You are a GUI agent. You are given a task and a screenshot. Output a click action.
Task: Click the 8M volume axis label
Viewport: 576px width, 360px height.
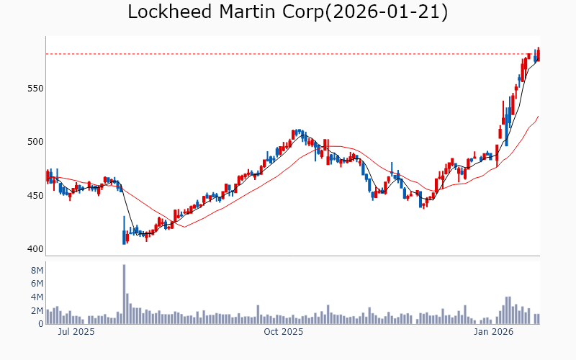click(36, 270)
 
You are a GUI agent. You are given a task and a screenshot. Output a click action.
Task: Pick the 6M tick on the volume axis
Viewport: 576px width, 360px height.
click(36, 284)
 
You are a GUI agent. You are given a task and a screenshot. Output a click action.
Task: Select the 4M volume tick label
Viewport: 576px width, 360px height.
click(36, 297)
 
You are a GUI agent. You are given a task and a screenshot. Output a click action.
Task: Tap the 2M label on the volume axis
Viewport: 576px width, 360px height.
click(36, 311)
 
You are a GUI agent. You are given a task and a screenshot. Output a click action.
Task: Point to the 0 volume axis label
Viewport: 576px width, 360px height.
click(40, 324)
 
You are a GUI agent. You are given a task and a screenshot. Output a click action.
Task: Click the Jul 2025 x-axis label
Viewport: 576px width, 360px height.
click(76, 333)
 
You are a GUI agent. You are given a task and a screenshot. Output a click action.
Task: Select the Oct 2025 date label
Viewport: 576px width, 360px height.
click(284, 333)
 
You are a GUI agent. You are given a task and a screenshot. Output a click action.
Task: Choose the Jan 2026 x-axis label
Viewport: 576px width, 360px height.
click(493, 333)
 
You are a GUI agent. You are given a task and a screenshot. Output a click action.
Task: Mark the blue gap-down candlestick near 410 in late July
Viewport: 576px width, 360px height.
click(124, 237)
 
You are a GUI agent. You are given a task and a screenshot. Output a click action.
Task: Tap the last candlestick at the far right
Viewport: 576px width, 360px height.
click(539, 54)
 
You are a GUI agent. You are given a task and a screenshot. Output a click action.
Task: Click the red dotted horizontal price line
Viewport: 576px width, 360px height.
click(288, 54)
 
